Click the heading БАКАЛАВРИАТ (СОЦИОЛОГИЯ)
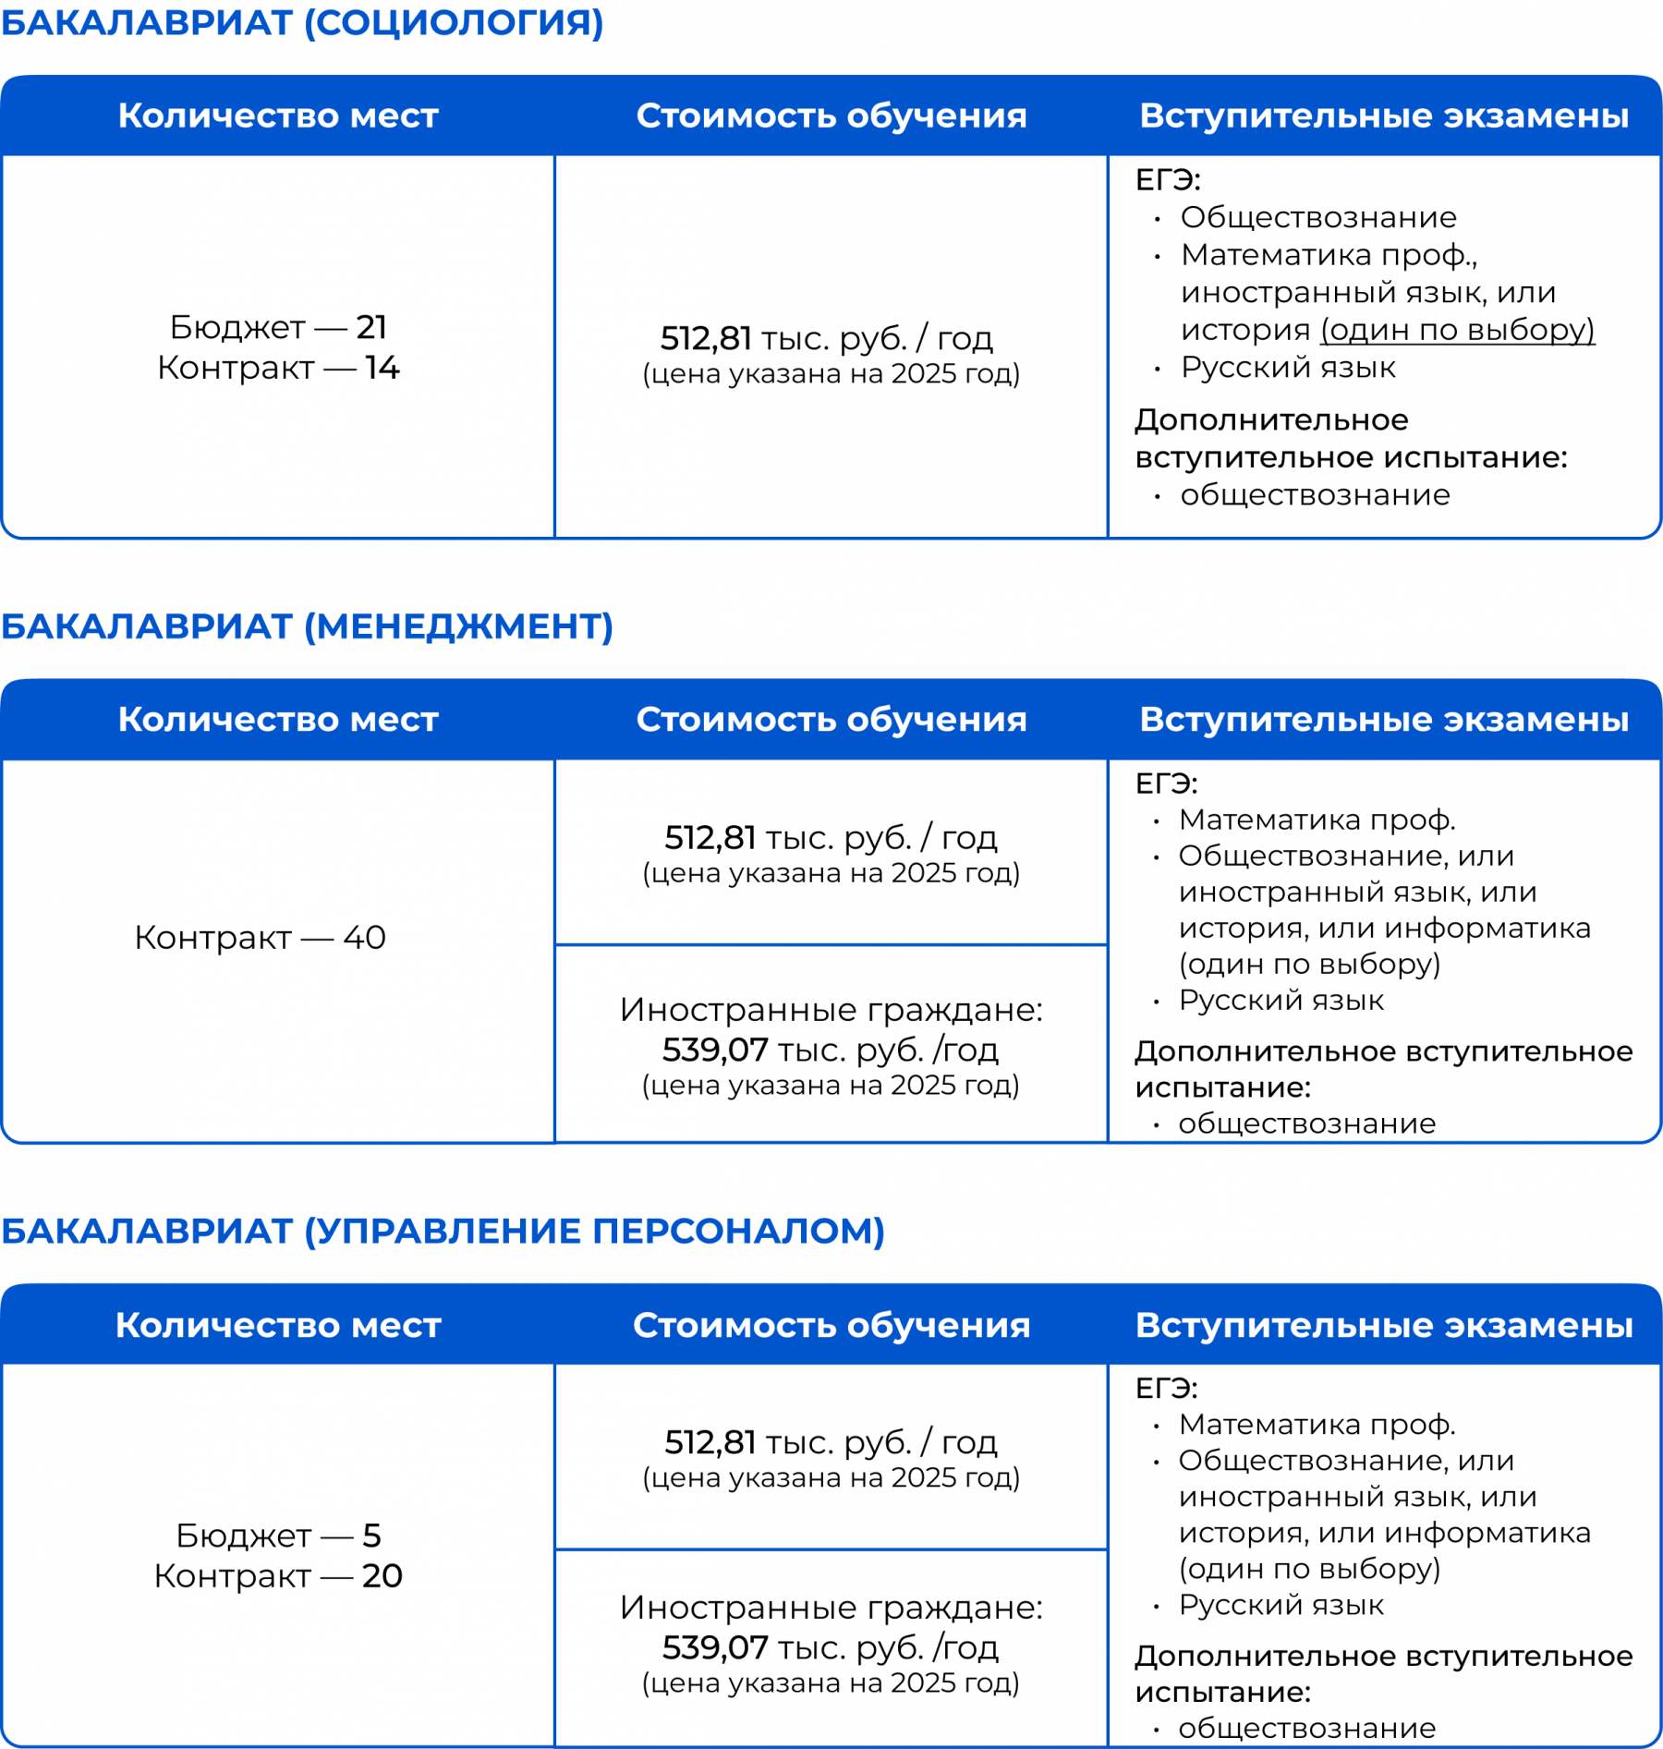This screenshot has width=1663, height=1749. (302, 22)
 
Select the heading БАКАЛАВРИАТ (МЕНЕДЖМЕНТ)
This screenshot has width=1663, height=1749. (307, 626)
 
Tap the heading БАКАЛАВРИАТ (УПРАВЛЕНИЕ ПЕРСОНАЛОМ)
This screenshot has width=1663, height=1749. (443, 1231)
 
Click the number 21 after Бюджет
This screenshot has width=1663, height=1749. (371, 327)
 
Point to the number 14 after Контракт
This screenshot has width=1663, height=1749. (382, 368)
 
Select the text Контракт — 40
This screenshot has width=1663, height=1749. (260, 938)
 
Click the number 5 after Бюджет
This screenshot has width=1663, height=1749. (371, 1536)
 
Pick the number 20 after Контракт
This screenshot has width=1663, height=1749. (382, 1576)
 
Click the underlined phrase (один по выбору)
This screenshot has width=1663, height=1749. (1457, 330)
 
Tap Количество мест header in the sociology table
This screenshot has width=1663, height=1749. (278, 116)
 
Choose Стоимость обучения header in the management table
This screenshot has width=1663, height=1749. (831, 720)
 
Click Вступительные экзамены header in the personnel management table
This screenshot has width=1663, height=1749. (1384, 1325)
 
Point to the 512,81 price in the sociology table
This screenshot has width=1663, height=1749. (706, 339)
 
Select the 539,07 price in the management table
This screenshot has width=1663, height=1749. (715, 1050)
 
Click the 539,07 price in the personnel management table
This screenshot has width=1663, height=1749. (715, 1647)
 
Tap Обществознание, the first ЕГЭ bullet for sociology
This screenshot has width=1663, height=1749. (1318, 218)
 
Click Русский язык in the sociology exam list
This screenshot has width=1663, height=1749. (1288, 368)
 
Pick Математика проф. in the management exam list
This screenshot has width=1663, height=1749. (1317, 820)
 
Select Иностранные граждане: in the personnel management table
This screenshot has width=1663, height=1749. (831, 1608)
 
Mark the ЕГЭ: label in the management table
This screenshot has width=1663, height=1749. (1166, 783)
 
